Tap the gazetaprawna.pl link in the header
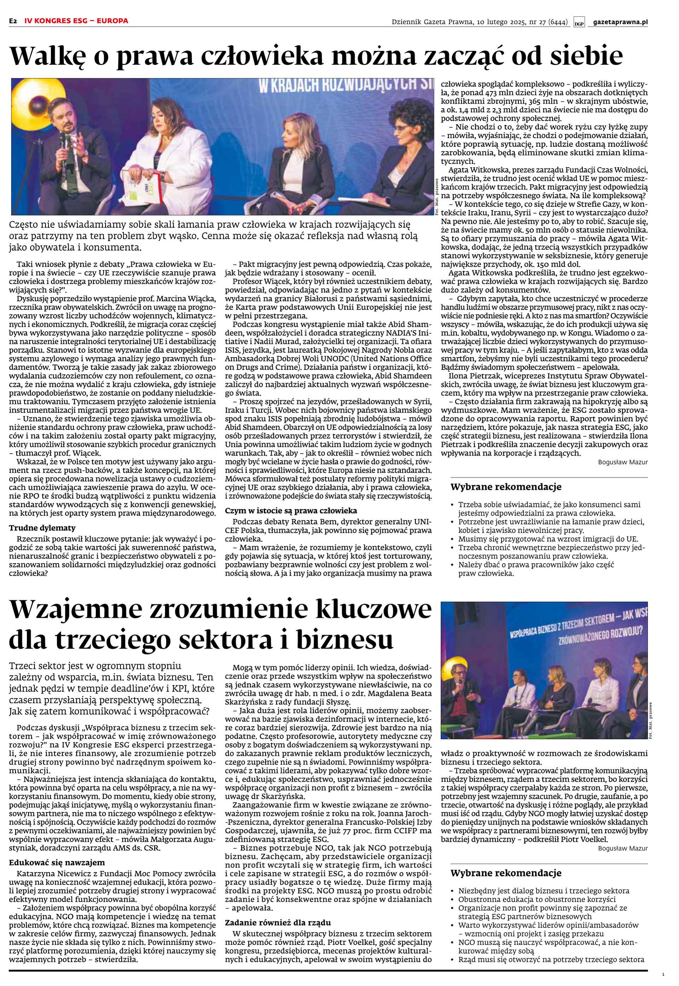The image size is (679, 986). (620, 22)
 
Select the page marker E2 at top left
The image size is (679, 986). (13, 21)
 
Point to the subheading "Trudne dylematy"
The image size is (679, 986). (42, 528)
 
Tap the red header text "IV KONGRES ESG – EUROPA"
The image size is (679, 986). (76, 21)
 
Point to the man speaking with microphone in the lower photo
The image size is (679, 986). (460, 689)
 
